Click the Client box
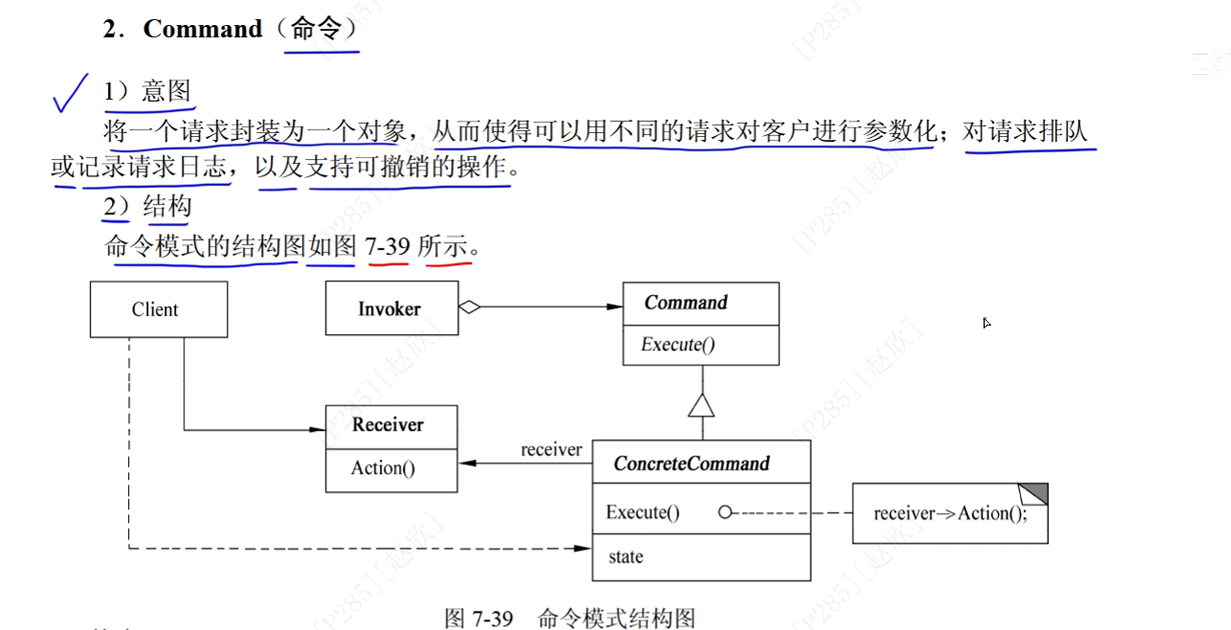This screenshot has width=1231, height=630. point(159,309)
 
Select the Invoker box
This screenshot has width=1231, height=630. point(391,308)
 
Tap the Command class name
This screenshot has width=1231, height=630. point(685,303)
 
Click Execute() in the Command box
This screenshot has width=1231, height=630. point(678,344)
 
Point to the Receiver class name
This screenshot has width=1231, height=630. point(387,425)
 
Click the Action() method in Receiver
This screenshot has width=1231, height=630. point(383,468)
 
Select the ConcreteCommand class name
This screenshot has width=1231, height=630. point(691,463)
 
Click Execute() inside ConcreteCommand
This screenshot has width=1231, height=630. point(642,512)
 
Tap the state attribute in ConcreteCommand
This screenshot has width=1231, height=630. point(626,557)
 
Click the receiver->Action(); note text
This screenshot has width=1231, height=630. point(949,514)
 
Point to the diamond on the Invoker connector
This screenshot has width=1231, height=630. point(469,307)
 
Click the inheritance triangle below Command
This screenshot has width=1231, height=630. point(701,406)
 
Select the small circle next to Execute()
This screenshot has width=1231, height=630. point(725,512)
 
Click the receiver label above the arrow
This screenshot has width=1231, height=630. point(551,450)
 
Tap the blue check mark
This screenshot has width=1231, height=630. point(70,93)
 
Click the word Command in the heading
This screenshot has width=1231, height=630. point(203,29)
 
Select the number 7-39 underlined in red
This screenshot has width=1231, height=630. point(387,247)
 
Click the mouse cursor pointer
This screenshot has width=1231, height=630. point(986,322)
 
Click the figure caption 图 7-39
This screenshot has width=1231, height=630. point(478,618)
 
